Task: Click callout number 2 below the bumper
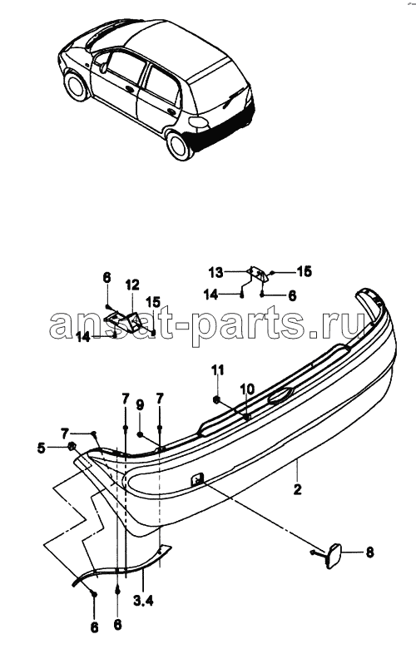tap(297, 489)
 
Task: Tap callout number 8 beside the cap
tap(369, 552)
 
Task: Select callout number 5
tap(41, 448)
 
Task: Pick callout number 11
tap(218, 369)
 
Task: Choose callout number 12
tap(133, 285)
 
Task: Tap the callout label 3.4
tap(143, 600)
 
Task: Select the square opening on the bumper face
tap(197, 479)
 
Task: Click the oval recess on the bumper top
tap(281, 396)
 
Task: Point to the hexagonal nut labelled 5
tap(72, 447)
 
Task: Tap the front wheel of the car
tap(77, 86)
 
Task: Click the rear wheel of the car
tap(180, 146)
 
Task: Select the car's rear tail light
tap(198, 121)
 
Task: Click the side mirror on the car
tap(103, 67)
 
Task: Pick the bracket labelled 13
tap(258, 274)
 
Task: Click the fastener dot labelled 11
tap(216, 399)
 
